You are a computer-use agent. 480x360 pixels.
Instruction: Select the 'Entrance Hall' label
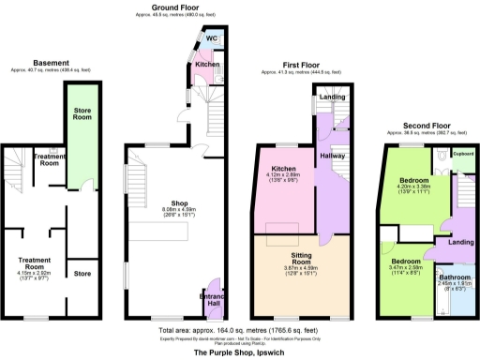click(x=213, y=300)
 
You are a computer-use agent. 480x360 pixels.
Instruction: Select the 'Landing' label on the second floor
click(x=460, y=243)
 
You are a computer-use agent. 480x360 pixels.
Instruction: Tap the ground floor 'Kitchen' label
click(x=207, y=65)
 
